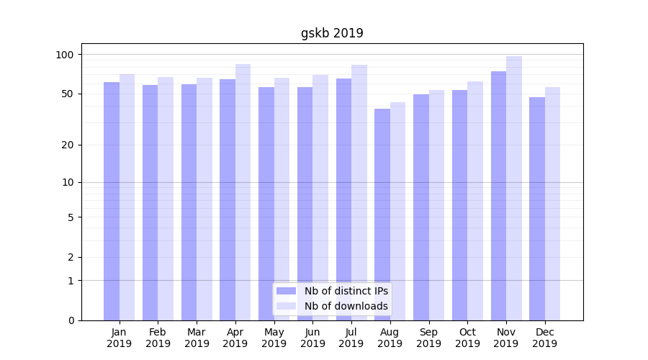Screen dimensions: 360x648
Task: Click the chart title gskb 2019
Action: pos(332,33)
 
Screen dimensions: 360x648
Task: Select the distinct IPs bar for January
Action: pos(112,202)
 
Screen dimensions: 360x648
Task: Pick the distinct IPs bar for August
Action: pos(382,215)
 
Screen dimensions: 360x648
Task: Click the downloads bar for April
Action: pos(243,192)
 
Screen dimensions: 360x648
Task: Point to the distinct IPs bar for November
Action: pos(498,196)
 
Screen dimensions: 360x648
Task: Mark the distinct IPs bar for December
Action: pos(537,209)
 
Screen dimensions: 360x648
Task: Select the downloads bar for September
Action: pos(436,205)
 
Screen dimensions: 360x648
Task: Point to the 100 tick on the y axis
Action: pos(65,55)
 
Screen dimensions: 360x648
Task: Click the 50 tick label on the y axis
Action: pos(68,94)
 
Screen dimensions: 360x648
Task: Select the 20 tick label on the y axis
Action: pos(68,145)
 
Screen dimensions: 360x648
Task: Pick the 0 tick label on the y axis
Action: pos(71,320)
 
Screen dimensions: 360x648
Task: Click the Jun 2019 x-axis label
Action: pos(312,338)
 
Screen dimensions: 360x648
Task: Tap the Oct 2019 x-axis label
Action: pos(467,338)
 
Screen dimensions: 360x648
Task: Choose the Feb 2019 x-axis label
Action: pos(158,338)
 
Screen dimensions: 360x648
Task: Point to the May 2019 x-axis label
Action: pos(274,338)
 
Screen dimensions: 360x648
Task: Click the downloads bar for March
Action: pos(204,199)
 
